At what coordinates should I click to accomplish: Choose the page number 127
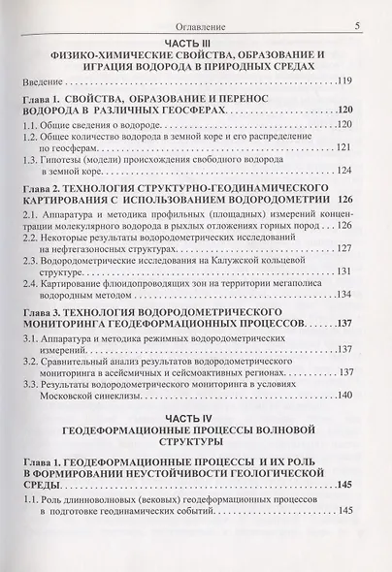point(349,288)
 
